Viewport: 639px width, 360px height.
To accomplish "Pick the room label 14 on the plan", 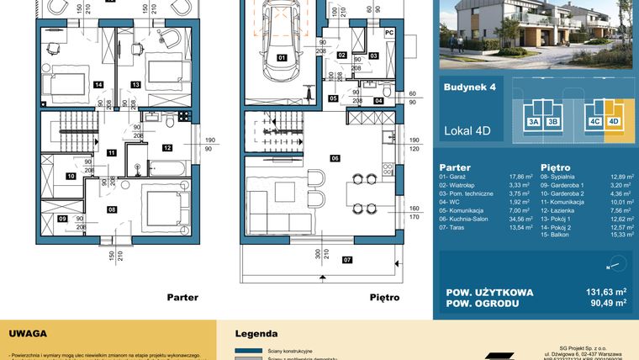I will [x=98, y=84].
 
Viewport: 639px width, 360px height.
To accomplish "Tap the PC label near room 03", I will [x=388, y=33].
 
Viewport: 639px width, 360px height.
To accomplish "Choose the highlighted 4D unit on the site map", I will [x=613, y=121].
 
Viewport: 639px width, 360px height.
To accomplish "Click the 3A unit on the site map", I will [x=533, y=121].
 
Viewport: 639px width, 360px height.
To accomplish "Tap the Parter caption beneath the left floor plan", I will [x=182, y=297].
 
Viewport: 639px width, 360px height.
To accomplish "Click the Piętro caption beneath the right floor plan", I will [x=383, y=297].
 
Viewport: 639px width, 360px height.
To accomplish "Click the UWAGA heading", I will [x=28, y=333].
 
